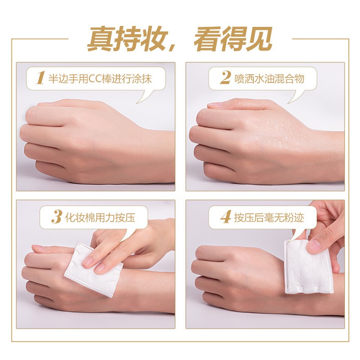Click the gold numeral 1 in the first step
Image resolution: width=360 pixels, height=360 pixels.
click(40, 78)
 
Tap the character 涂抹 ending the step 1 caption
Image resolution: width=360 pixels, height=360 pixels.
click(142, 78)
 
